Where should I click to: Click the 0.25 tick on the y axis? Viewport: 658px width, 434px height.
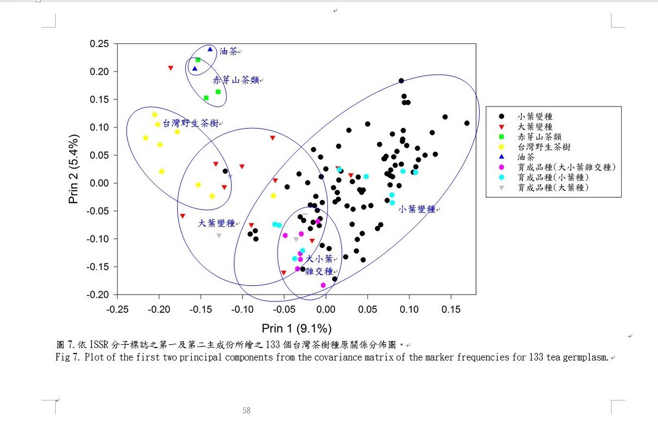pyautogui.click(x=100, y=44)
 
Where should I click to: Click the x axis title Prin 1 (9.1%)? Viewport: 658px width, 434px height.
pyautogui.click(x=297, y=329)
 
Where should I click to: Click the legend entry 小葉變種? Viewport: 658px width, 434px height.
pyautogui.click(x=535, y=116)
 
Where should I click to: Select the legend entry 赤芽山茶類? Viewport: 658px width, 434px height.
pyautogui.click(x=539, y=136)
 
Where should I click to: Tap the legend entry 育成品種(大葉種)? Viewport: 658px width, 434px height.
pyautogui.click(x=553, y=188)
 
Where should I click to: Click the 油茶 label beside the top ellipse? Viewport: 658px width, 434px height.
pyautogui.click(x=228, y=51)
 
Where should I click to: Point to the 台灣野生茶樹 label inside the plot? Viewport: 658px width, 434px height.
pyautogui.click(x=191, y=123)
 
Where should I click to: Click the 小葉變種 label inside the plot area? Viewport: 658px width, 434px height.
pyautogui.click(x=417, y=209)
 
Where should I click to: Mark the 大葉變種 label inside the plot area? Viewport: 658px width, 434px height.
pyautogui.click(x=216, y=223)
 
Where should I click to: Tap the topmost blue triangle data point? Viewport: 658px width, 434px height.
pyautogui.click(x=210, y=50)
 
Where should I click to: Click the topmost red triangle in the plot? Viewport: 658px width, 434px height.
pyautogui.click(x=171, y=68)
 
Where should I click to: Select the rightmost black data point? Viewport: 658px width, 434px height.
pyautogui.click(x=467, y=123)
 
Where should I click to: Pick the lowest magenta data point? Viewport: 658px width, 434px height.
pyautogui.click(x=323, y=285)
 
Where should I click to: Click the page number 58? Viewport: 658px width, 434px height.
pyautogui.click(x=246, y=411)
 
